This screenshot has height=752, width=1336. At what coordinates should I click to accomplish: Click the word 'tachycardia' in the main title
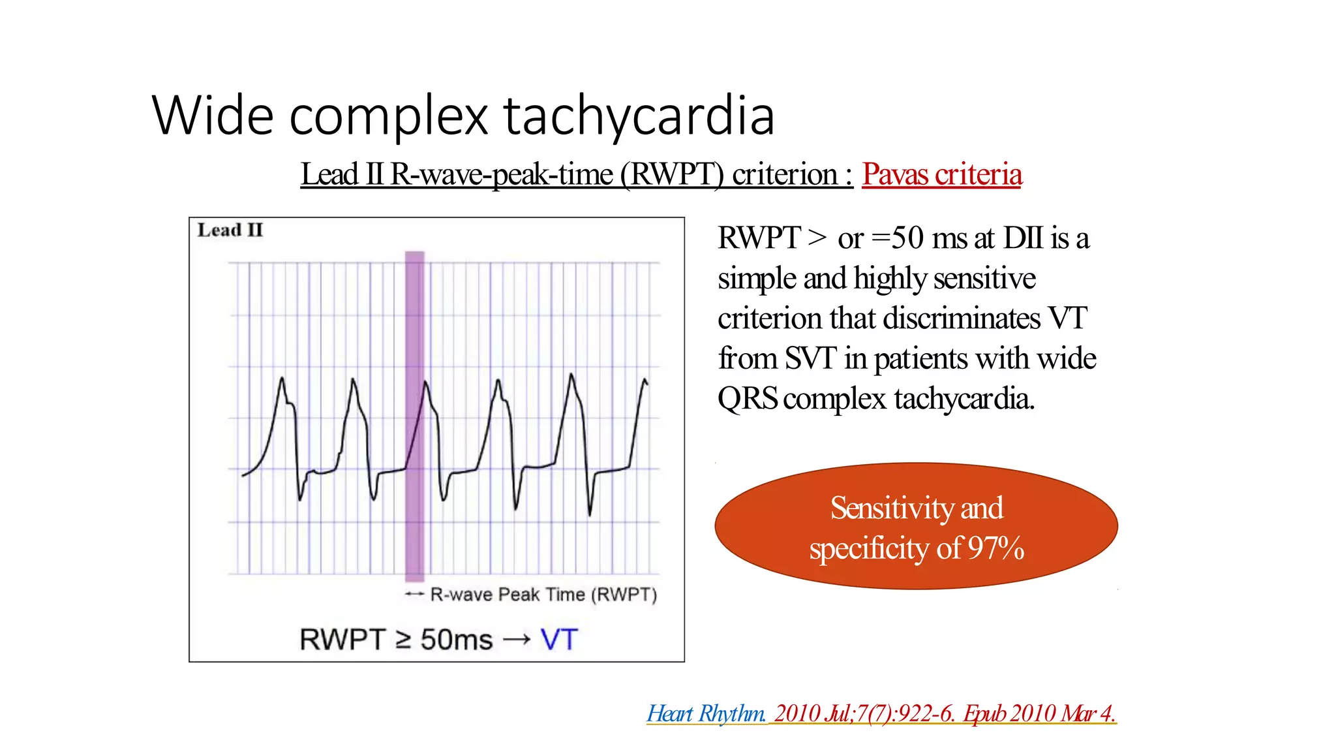click(x=639, y=116)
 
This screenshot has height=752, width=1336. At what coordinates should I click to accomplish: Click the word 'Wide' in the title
click(x=213, y=116)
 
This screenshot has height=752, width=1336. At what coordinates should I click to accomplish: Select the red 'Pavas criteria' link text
click(x=941, y=174)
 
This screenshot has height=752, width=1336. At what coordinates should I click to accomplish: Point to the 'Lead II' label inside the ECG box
click(x=230, y=230)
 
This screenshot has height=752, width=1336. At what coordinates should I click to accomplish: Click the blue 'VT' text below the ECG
click(x=559, y=640)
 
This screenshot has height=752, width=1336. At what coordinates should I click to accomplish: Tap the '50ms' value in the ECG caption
click(x=456, y=640)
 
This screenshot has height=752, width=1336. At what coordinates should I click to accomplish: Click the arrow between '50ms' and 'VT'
click(x=517, y=640)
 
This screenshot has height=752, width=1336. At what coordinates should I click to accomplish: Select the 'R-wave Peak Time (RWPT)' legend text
click(x=543, y=595)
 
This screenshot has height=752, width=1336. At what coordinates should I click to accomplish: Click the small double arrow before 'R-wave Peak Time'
click(x=414, y=594)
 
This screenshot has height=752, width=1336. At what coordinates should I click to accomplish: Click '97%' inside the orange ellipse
click(x=995, y=548)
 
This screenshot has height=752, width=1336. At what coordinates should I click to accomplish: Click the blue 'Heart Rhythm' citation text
click(x=706, y=713)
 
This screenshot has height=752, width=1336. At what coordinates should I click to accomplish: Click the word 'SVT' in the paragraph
click(x=810, y=358)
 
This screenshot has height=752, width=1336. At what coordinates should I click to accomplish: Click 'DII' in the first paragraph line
click(x=1023, y=238)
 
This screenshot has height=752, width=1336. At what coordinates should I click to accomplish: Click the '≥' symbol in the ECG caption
click(x=403, y=640)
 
